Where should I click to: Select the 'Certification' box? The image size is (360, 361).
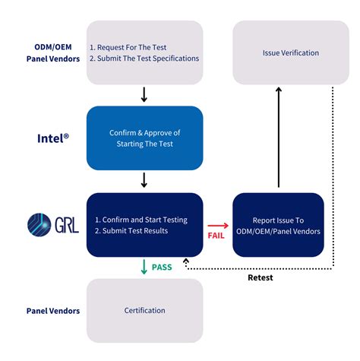point(144,310)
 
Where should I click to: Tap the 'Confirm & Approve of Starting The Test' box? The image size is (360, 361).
point(144,138)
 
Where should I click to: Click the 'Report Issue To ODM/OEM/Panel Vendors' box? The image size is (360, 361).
point(278,226)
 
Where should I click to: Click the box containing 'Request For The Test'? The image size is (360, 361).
point(144,52)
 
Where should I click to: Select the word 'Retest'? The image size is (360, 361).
point(261,277)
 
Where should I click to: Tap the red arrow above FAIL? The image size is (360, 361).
point(217,225)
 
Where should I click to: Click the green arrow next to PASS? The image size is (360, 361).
point(144,267)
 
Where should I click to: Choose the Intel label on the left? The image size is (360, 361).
point(54,138)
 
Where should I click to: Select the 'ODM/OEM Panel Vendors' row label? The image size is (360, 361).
point(47,52)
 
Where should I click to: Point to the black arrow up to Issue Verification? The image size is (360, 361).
point(278,137)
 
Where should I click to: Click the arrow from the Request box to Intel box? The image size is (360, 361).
point(144,95)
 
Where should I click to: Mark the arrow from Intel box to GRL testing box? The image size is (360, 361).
point(144,181)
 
